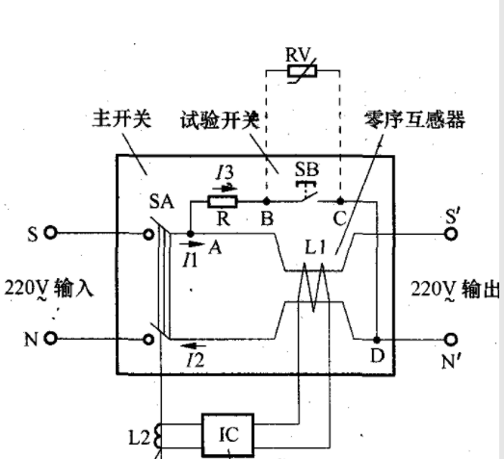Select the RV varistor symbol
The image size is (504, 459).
[303, 71]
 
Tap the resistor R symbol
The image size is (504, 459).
[223, 201]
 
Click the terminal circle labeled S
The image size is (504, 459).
[50, 232]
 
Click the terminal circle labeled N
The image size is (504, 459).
[50, 339]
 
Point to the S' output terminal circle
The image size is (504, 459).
[451, 234]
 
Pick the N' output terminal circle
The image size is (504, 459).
[451, 340]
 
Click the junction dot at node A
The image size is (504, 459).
[190, 234]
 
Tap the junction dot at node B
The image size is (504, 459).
[267, 201]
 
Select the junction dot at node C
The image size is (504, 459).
[340, 201]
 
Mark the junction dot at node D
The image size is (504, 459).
[377, 340]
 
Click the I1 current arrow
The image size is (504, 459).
[192, 244]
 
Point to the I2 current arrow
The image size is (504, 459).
[193, 345]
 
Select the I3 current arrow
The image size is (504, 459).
[225, 189]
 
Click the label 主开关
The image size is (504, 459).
[121, 119]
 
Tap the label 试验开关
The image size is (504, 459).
[220, 120]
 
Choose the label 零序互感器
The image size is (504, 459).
[414, 119]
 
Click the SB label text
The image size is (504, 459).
[307, 169]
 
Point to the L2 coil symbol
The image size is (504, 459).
[158, 436]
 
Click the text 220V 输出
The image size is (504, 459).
[456, 290]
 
